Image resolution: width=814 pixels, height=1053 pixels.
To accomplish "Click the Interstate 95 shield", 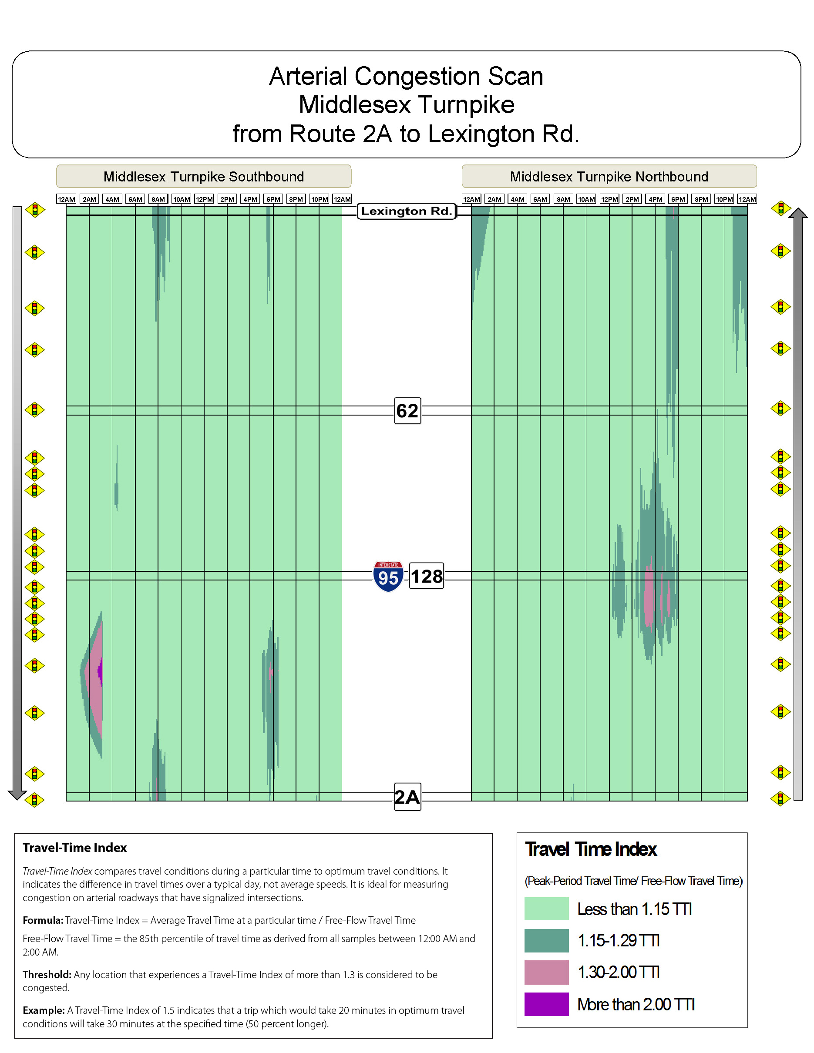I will point(388,576).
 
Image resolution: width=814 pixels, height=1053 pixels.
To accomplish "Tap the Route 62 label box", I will point(407,411).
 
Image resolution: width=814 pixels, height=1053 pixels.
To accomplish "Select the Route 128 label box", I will point(426,576).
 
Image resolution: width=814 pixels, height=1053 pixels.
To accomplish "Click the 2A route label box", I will point(407,797).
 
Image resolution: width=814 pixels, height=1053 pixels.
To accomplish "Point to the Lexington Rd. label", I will point(407,211).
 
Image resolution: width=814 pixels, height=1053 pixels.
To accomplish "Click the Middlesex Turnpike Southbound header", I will point(204,177).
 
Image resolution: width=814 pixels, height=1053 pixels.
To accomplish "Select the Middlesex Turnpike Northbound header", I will point(609,177).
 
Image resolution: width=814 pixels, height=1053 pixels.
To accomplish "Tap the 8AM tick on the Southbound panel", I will point(158,199).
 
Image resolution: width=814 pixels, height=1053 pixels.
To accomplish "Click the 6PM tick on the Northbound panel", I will point(678,199).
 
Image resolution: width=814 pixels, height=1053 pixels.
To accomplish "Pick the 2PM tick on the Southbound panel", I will point(227,199).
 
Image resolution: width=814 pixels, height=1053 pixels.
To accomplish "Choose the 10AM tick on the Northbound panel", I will point(586,199).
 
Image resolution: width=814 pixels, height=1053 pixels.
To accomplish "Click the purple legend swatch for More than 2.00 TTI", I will point(546,1004).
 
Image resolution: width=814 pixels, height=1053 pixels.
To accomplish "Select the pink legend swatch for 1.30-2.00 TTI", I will point(546,973).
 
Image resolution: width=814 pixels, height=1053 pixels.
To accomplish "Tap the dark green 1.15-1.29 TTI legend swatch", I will point(546,941).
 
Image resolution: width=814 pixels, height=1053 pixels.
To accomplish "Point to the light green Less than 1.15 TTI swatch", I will point(546,909).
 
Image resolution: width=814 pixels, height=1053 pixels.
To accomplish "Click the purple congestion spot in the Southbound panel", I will point(100,671).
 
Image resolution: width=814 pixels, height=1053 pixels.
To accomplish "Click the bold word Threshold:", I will point(47,974).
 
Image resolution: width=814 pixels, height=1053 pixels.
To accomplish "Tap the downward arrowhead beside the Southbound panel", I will point(17,795).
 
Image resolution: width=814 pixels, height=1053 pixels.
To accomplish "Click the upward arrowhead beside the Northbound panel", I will point(798,214).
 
